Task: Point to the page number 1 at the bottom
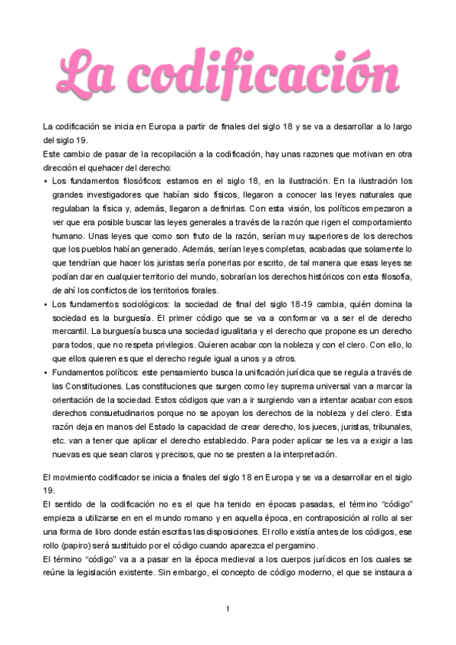(x=228, y=609)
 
